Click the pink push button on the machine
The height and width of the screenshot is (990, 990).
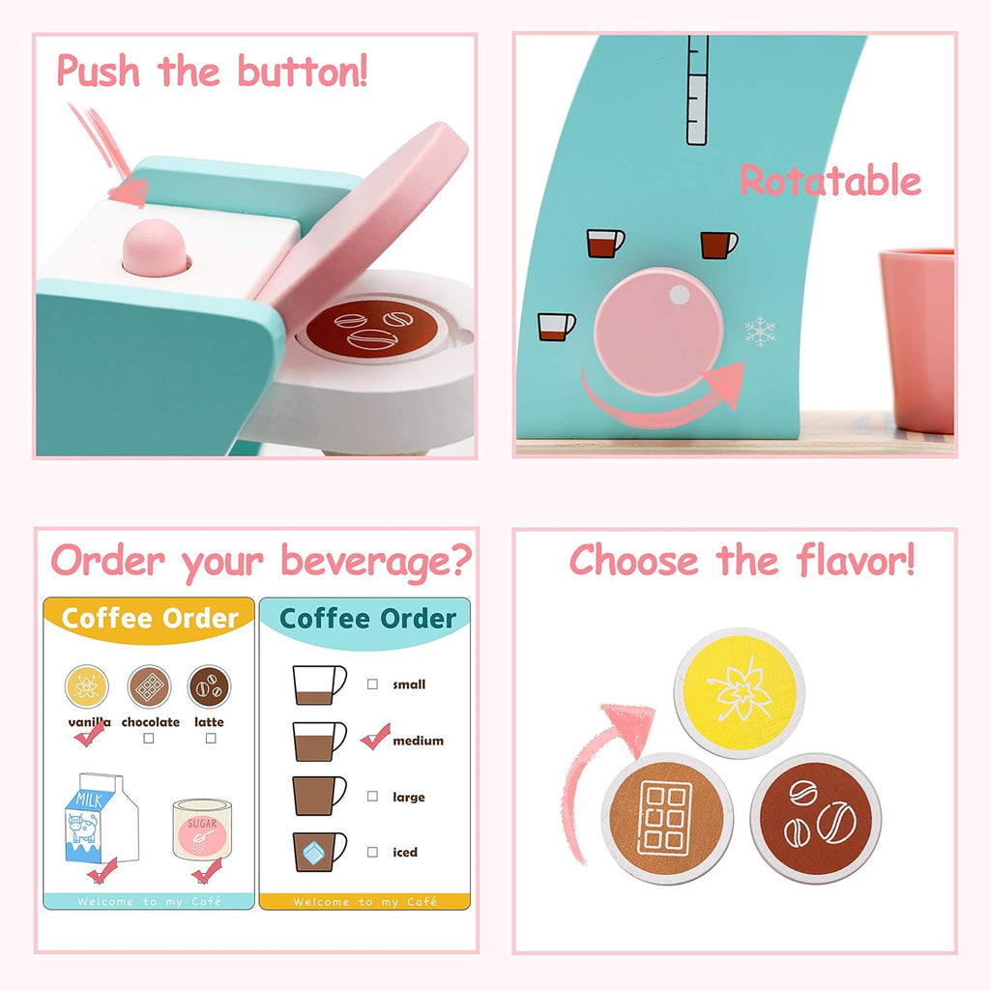155,247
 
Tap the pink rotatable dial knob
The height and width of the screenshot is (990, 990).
658,332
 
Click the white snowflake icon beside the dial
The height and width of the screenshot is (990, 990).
760,332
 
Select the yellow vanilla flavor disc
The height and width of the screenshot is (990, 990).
740,692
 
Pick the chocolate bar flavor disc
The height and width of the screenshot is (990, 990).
667,818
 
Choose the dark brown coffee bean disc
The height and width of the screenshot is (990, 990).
816,818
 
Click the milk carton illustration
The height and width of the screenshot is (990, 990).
101,818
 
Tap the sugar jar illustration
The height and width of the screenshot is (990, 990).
202,829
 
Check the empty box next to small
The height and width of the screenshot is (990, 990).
372,684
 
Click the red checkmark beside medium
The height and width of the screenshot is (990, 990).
376,737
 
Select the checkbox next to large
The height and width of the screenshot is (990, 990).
372,797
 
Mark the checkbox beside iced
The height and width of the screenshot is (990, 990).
372,852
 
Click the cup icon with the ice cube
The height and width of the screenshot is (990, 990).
319,852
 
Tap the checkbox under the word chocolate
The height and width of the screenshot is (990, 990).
148,738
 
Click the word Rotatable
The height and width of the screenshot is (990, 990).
830,181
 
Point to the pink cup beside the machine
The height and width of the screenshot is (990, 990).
917,341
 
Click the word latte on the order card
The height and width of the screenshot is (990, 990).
209,721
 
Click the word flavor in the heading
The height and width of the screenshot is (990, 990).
856,561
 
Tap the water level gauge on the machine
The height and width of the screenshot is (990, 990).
698,90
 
